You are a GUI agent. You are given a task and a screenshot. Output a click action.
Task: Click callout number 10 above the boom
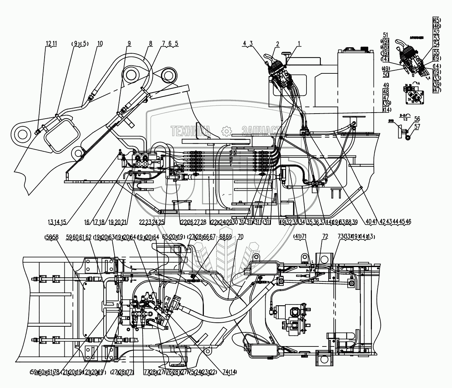click(x=100, y=44)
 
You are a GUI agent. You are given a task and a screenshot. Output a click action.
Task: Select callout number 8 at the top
click(x=151, y=44)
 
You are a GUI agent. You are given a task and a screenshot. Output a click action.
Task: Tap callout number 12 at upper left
click(x=48, y=44)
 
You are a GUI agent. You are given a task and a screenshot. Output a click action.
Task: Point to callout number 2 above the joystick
click(x=278, y=44)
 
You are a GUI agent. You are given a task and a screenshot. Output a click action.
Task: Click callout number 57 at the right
click(x=417, y=127)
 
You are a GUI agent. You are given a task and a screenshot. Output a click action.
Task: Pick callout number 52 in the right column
click(x=437, y=33)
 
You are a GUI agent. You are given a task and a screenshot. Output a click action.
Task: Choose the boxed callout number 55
click(x=437, y=52)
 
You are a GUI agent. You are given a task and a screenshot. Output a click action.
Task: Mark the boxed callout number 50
click(x=386, y=74)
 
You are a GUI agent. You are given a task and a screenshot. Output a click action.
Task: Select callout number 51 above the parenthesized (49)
click(x=386, y=35)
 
